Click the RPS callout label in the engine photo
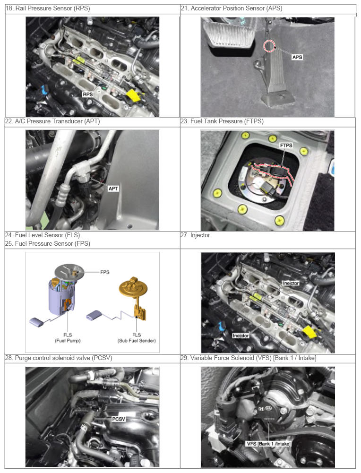[88, 95]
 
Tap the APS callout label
[297, 57]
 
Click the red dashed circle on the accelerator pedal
[269, 46]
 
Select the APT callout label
[113, 189]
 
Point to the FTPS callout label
[286, 146]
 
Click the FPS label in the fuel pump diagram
[104, 272]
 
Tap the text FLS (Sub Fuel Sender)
[137, 338]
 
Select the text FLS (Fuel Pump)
[68, 338]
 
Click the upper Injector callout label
[291, 283]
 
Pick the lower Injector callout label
[241, 335]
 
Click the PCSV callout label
[119, 419]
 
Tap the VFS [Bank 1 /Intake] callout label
[268, 444]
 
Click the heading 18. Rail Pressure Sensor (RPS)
[48, 8]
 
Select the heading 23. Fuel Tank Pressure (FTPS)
[222, 121]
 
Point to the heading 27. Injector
[195, 235]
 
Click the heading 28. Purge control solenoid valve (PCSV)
[59, 358]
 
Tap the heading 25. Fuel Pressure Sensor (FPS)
[48, 243]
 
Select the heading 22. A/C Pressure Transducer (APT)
[52, 121]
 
